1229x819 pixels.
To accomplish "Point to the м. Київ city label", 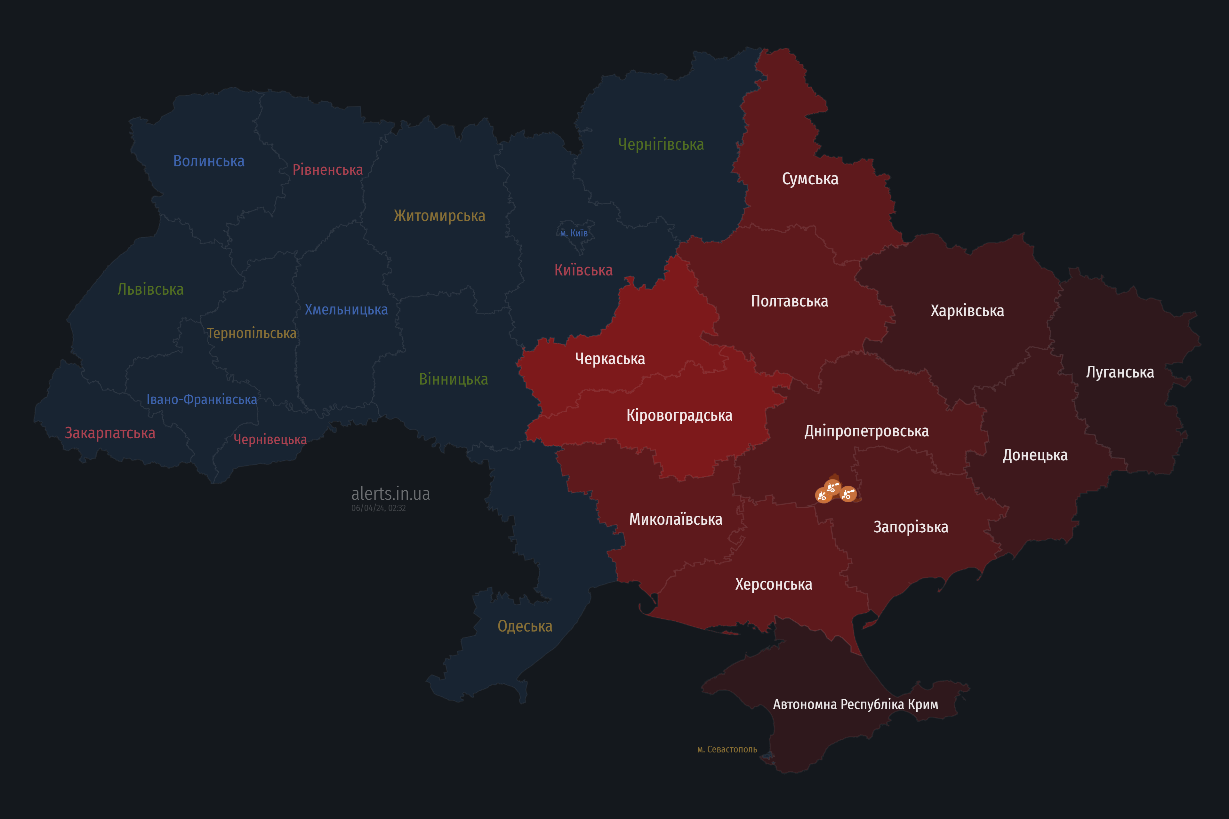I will point(574,233).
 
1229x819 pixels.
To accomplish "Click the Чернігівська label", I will point(661,144).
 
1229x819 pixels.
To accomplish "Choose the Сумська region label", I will point(810,179).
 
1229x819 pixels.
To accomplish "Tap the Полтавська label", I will point(789,301).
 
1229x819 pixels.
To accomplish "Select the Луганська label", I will point(1120,372).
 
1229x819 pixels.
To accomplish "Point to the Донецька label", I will point(1035,455).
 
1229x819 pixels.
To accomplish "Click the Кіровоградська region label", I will point(679,415).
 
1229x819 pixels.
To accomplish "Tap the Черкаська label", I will point(610,359).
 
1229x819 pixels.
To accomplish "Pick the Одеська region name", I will point(525,626).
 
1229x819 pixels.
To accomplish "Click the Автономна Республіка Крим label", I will point(855,704).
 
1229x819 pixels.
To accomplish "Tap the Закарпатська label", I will point(110,433).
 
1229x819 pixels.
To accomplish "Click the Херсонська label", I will point(773,584).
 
